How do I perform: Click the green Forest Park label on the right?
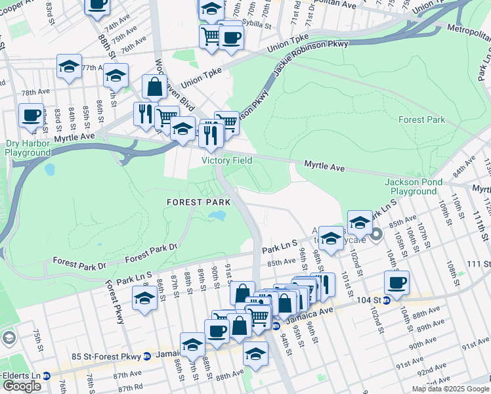[x=421, y=120]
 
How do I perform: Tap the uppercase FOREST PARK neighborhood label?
[x=198, y=202]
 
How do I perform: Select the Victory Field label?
[x=226, y=160]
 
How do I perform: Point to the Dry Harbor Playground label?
[x=27, y=148]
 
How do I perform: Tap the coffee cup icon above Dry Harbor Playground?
[x=31, y=116]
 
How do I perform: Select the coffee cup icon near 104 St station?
[x=396, y=284]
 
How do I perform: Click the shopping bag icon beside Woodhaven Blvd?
[x=154, y=87]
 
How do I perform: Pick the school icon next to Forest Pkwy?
[x=145, y=299]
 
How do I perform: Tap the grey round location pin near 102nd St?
[x=376, y=234]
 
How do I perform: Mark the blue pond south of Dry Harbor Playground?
[x=49, y=169]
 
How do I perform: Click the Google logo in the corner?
[x=22, y=386]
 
